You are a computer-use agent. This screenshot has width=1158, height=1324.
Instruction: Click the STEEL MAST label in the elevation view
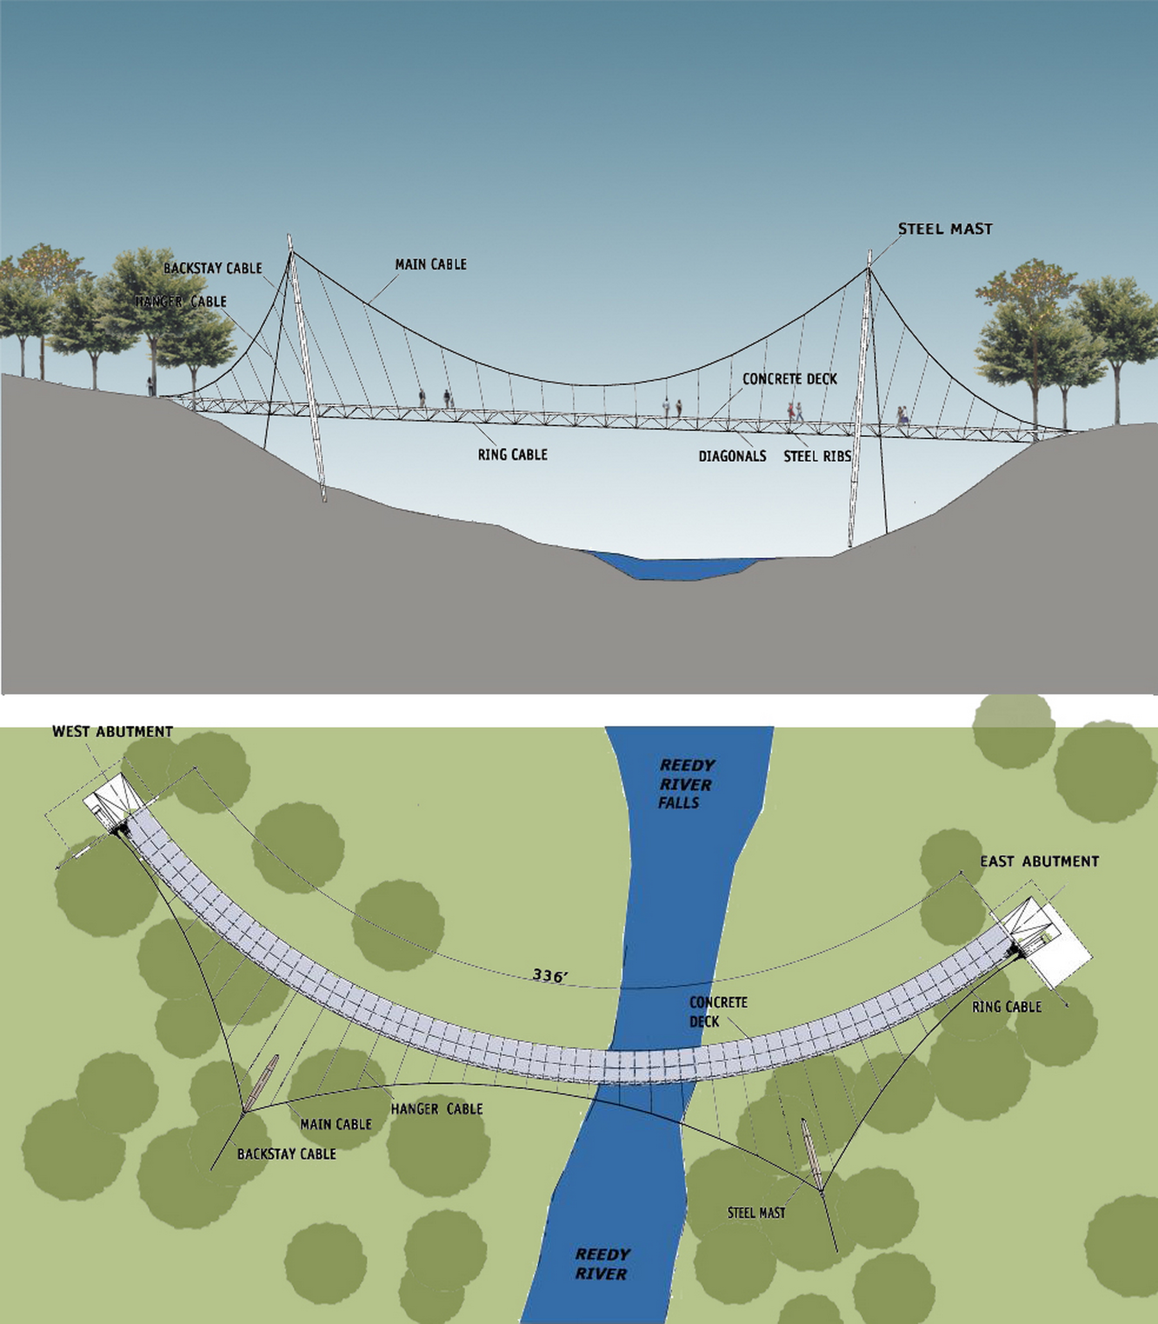point(945,229)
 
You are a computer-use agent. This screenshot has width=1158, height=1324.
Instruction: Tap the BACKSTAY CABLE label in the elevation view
point(213,268)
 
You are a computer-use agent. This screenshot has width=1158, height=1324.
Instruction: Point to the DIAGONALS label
point(732,456)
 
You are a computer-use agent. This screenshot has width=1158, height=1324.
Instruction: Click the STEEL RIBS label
point(817,456)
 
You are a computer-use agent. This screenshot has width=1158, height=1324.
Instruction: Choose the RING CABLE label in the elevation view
point(512,455)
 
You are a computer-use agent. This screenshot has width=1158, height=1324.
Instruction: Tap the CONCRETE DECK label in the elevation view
point(789,379)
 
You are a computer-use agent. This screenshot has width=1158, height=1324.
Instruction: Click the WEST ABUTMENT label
point(113,731)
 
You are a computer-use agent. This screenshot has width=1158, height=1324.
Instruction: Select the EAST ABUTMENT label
point(1039,861)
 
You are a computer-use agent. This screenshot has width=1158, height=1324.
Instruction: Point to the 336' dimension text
point(550,975)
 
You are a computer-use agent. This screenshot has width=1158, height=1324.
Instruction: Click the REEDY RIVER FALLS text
point(686,784)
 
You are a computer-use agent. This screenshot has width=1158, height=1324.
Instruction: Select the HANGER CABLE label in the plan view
point(437,1109)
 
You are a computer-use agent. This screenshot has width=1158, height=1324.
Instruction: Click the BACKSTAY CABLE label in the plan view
point(286,1154)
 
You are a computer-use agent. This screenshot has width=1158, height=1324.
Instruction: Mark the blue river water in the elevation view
point(672,566)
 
